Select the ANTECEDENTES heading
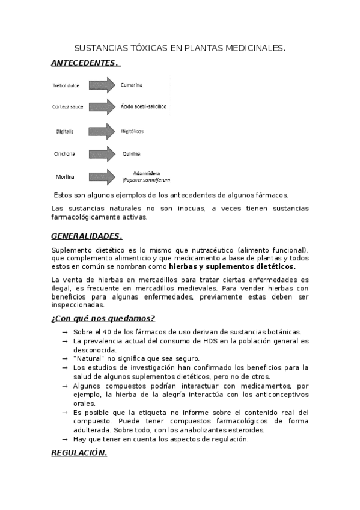pos(85,63)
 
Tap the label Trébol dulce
pos(66,85)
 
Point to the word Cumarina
pos(132,85)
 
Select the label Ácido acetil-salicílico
pos(144,107)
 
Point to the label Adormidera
pos(147,173)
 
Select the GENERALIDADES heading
pos(87,235)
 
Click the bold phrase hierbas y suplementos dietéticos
pos(232,266)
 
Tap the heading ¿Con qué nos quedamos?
pos(103,318)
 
